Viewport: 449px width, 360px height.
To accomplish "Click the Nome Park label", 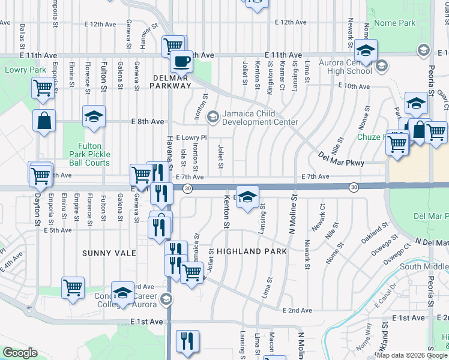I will click(394, 23).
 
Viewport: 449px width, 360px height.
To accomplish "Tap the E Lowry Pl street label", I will click(191, 137).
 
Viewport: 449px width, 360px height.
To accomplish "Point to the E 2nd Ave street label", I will click(298, 310).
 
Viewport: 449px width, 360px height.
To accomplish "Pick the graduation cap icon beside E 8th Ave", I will click(94, 116).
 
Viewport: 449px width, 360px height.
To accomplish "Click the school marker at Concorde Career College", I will click(122, 292).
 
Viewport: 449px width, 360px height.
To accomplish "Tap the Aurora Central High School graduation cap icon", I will click(365, 50).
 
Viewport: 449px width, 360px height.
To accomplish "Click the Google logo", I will click(20, 353).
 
